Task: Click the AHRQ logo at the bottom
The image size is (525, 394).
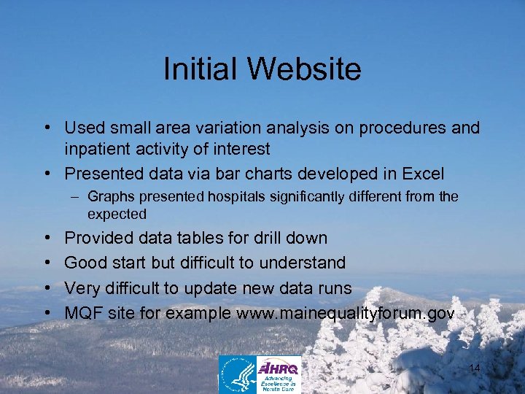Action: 279,374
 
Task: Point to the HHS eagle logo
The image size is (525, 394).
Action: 237,374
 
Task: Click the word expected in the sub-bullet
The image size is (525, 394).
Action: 117,214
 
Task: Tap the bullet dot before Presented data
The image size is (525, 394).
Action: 47,174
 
